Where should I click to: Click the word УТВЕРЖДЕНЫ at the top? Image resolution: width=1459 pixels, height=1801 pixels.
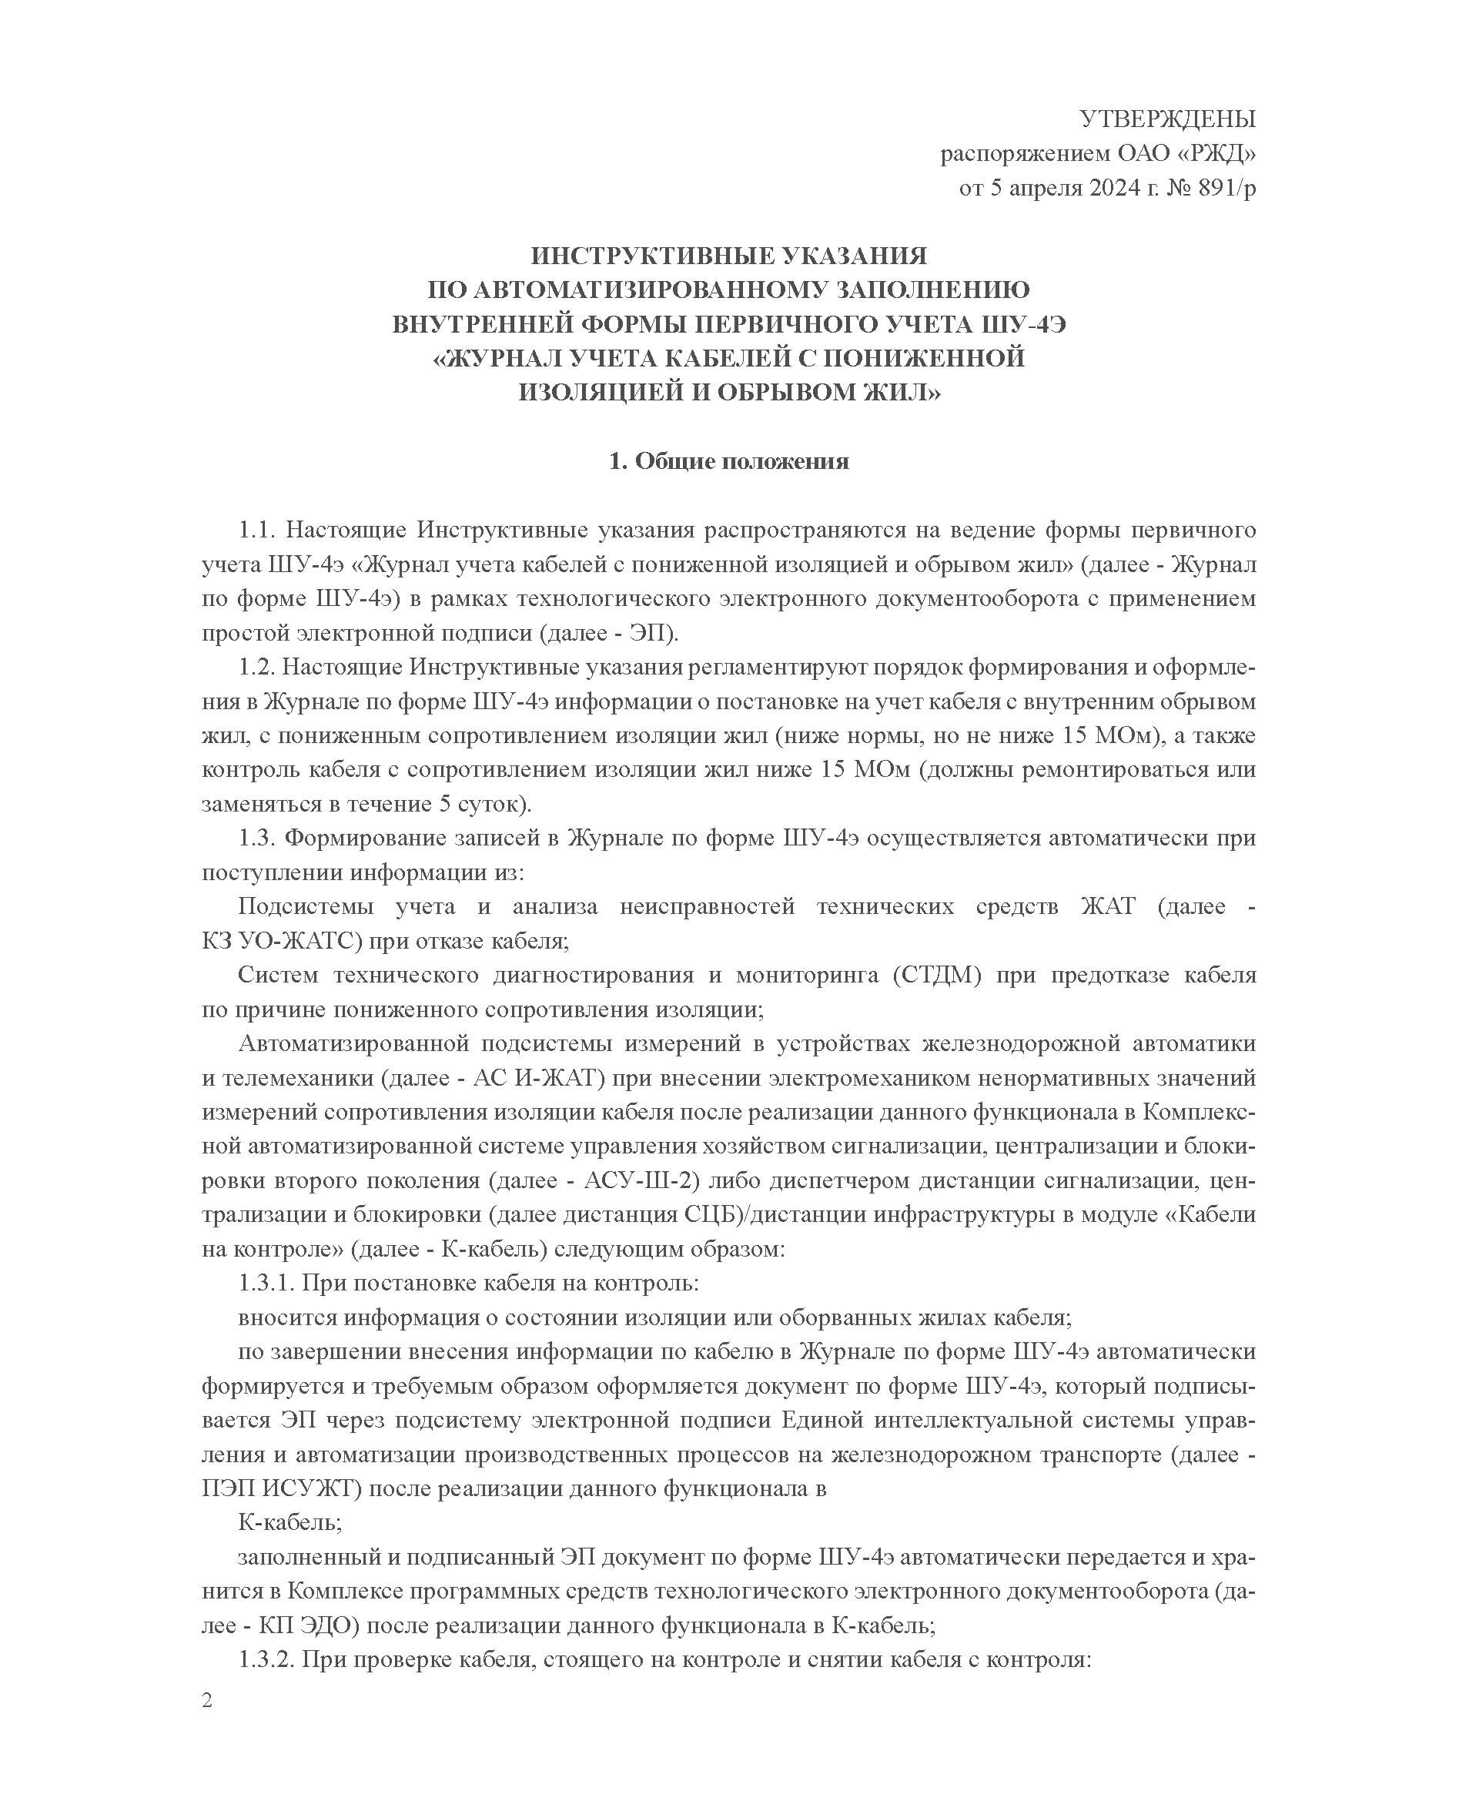pos(1167,119)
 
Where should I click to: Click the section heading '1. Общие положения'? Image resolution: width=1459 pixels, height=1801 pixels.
pos(728,461)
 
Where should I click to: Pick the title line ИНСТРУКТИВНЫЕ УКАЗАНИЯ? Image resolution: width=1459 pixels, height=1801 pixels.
pos(728,255)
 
